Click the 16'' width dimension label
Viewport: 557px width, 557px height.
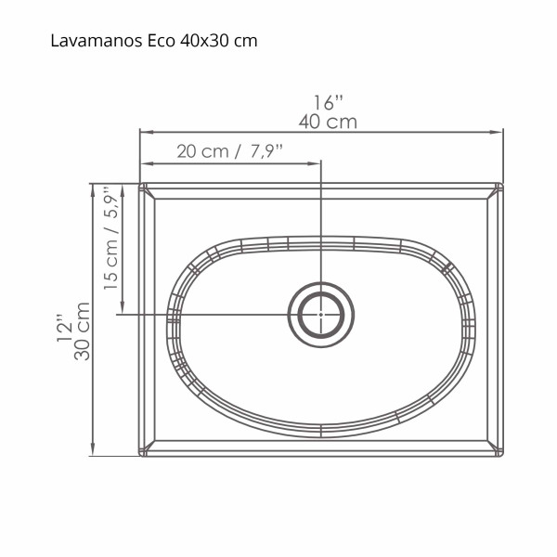click(x=328, y=102)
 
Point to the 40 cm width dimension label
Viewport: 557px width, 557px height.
click(x=328, y=122)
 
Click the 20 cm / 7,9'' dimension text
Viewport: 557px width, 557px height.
click(x=229, y=151)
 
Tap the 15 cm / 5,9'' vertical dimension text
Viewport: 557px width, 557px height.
click(x=111, y=240)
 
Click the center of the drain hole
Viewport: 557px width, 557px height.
click(x=321, y=314)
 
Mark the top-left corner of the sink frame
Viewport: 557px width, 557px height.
click(x=140, y=183)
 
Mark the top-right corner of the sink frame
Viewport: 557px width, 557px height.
click(x=502, y=183)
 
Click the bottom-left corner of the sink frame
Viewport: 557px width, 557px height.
click(x=140, y=456)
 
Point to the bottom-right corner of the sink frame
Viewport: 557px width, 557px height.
click(x=502, y=456)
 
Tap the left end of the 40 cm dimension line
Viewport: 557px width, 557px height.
click(x=140, y=133)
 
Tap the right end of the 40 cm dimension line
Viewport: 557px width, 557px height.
click(x=502, y=133)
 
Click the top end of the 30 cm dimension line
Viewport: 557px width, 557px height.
click(x=94, y=183)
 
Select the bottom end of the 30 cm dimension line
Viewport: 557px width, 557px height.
click(x=94, y=456)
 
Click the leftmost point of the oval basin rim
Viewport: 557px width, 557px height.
click(x=167, y=325)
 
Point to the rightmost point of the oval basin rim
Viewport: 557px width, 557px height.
click(x=475, y=325)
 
